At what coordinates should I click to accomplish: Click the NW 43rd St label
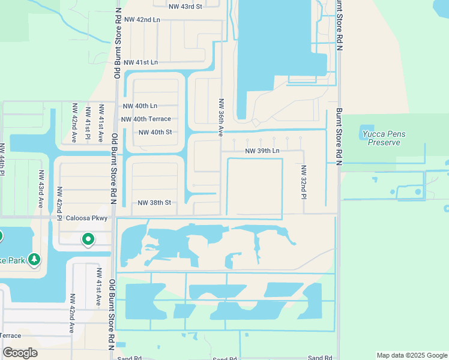[186, 6]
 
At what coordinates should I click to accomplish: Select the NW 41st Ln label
[140, 62]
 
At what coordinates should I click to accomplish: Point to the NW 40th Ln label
[140, 106]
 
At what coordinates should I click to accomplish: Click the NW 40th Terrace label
[146, 119]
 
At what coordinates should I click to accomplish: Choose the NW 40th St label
[155, 133]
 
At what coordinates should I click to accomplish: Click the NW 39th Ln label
[262, 151]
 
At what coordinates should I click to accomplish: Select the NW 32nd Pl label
[304, 182]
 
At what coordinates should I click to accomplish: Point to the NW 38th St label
[154, 203]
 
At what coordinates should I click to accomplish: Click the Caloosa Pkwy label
[86, 218]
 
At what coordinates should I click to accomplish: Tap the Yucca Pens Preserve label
[384, 137]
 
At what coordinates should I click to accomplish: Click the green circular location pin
[88, 239]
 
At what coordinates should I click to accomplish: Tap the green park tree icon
[35, 259]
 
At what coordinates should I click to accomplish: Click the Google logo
[20, 353]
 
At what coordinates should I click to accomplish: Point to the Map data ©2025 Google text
[411, 355]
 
